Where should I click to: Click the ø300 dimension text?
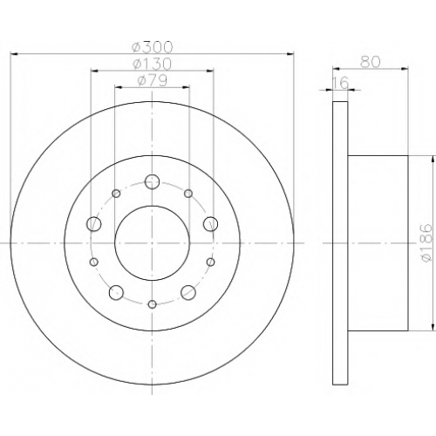pos(152,47)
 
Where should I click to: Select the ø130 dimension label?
pos(152,64)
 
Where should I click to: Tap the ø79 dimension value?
pos(152,80)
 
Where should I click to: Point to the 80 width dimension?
pos(371,62)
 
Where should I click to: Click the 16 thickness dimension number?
pos(340,83)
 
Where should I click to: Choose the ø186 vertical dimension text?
pos(426,243)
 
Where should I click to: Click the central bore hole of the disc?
pos(153,243)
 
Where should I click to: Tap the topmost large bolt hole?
pos(152,182)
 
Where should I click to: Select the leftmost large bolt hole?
pos(94,224)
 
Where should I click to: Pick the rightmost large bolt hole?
pos(210,224)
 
